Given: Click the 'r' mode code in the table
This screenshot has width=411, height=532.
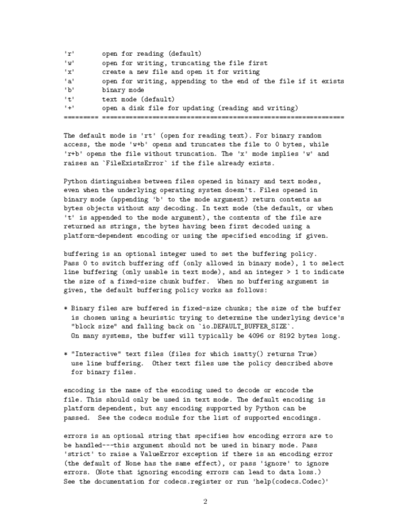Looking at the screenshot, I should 69,54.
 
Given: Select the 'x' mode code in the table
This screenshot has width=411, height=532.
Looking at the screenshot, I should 69,72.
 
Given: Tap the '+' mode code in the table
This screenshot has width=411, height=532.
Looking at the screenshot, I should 69,108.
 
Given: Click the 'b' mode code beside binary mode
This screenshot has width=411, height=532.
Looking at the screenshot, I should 69,90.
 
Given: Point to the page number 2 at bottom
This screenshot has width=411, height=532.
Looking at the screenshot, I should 205,501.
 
